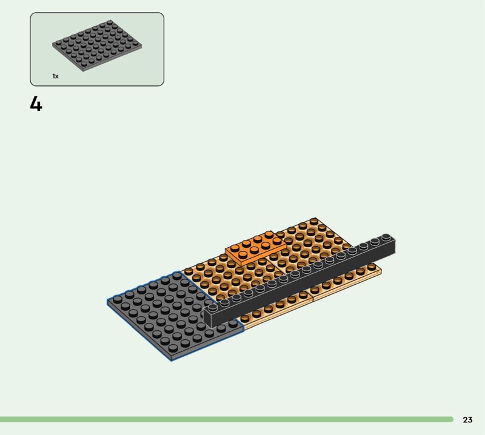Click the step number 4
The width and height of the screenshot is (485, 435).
pos(36,104)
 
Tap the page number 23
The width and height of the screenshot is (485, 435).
pos(467,419)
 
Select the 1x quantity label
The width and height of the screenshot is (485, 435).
pos(55,76)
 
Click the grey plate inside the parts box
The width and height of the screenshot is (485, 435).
pos(97,46)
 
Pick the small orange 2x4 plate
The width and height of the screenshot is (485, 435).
pos(256,247)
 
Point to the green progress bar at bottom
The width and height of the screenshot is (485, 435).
pos(226,419)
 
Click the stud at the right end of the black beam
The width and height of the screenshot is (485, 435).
pos(386,237)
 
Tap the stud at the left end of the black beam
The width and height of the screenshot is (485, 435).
pos(213,307)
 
